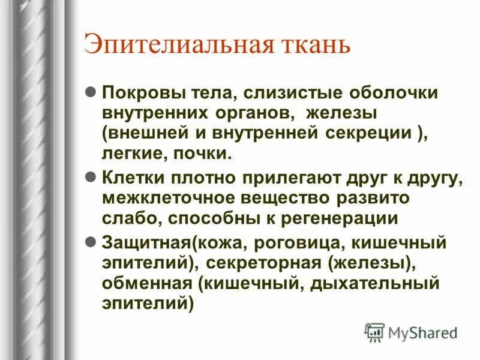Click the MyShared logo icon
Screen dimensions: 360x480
coord(374,332)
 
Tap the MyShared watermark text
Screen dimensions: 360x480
coord(422,332)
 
